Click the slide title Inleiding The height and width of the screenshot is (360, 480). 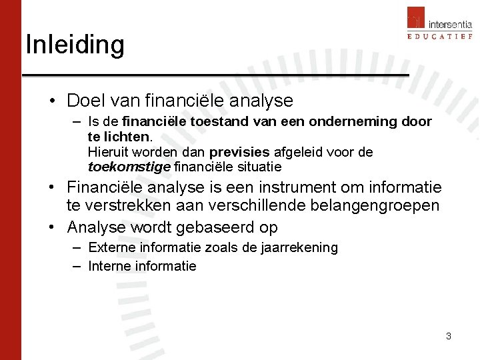coord(75,45)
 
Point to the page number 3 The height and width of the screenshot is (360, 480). coord(449,336)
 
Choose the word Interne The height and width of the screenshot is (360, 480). coord(110,266)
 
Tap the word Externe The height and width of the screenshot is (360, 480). coord(112,248)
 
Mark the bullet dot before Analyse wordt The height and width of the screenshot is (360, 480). coord(52,227)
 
